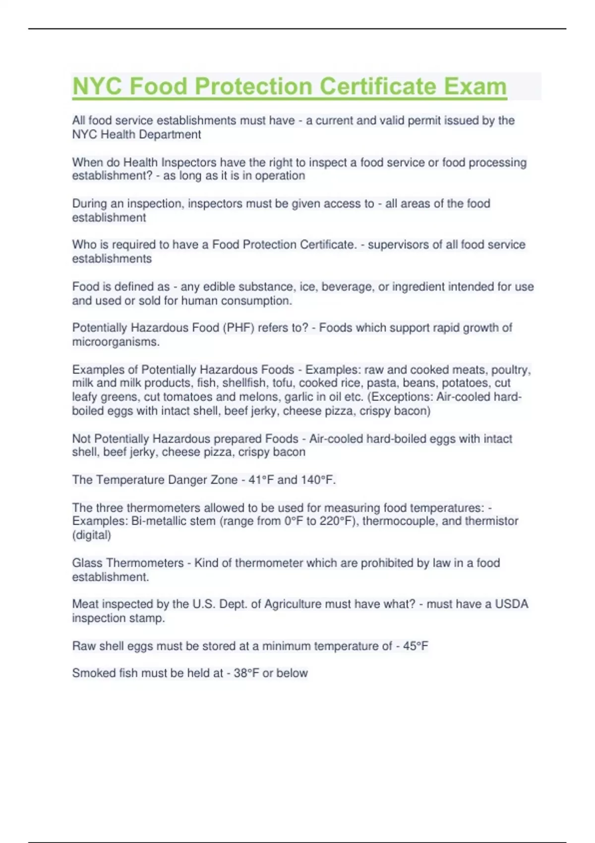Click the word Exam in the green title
tap(475, 86)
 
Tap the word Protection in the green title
tap(253, 86)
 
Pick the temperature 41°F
tap(261, 480)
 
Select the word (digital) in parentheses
tap(92, 535)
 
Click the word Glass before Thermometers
tap(87, 563)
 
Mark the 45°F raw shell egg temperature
tap(416, 646)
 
